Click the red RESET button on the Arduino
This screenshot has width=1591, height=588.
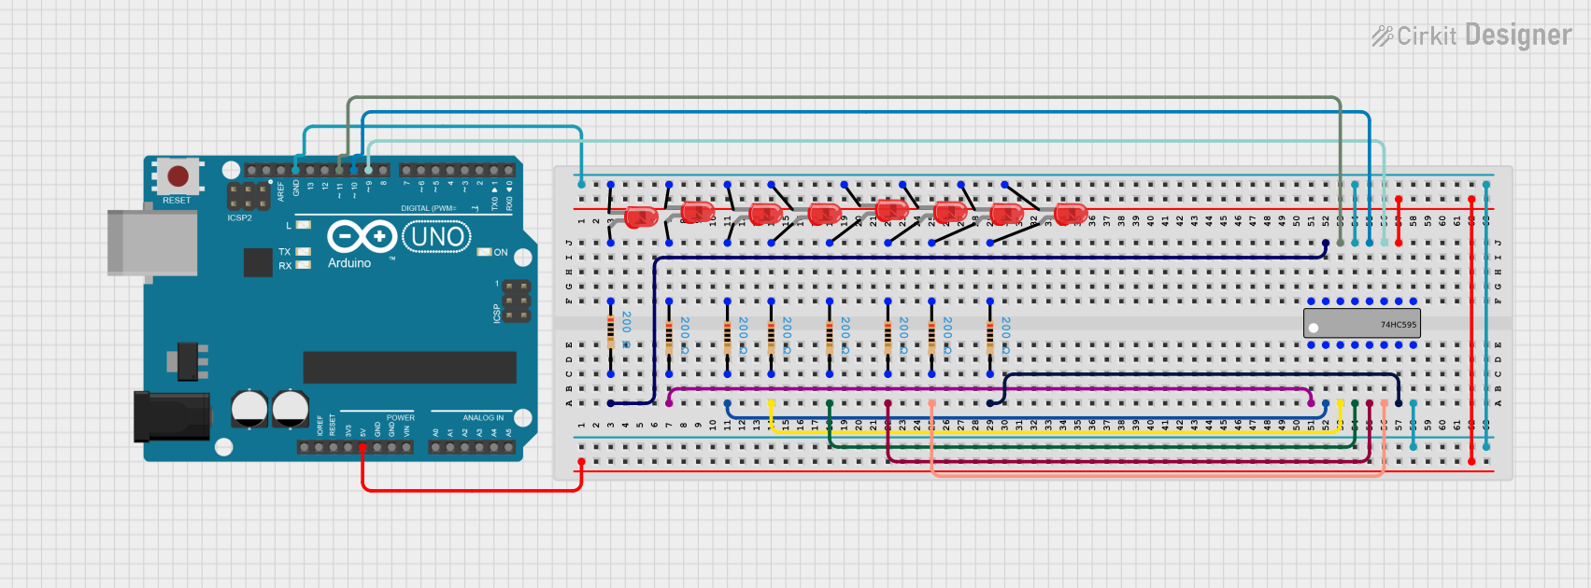(x=178, y=175)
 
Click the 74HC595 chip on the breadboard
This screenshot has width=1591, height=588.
(x=1361, y=324)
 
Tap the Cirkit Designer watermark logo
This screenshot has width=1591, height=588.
(x=1471, y=35)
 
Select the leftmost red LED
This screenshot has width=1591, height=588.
(x=641, y=217)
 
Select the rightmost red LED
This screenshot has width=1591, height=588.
(x=1070, y=214)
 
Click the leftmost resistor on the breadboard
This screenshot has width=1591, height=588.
(x=611, y=330)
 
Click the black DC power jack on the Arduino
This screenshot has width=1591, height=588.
(x=170, y=416)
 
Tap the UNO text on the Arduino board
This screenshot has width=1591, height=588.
(x=437, y=237)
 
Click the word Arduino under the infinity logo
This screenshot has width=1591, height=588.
(x=349, y=263)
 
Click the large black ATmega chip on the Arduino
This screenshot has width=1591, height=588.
(x=409, y=367)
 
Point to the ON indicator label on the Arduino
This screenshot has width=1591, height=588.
(x=501, y=252)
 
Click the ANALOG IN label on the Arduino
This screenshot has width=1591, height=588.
(x=483, y=417)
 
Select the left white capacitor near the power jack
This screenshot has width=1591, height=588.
(x=249, y=409)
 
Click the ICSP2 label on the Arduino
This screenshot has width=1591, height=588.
(x=239, y=218)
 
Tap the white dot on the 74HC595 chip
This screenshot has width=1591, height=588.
(x=1314, y=328)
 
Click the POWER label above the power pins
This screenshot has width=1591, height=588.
(x=400, y=417)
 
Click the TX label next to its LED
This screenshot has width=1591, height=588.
(x=284, y=252)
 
